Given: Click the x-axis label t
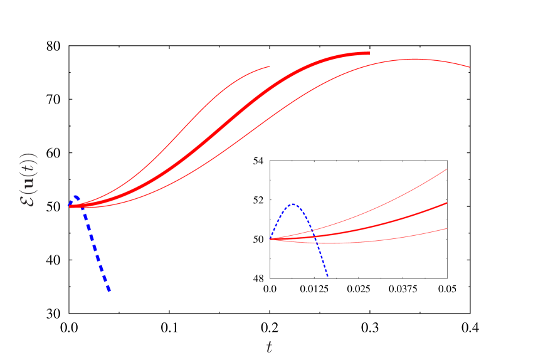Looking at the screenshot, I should coord(269,347).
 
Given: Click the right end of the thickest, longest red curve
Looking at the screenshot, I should coord(369,53).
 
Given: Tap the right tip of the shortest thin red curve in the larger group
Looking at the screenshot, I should coord(270,66).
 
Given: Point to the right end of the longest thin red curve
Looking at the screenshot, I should coord(470,67).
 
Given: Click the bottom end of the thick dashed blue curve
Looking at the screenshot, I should coord(110,290).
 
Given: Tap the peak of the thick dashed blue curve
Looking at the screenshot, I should coord(75,196).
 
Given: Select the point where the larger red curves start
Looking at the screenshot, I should coord(70,206).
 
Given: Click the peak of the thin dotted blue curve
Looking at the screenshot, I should coord(293,204).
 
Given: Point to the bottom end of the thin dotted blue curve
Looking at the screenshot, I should coord(327,276).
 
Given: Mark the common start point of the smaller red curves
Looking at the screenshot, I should coord(270,239).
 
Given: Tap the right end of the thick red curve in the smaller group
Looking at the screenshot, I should coord(447,203).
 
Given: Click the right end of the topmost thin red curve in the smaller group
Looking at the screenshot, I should coord(447,169).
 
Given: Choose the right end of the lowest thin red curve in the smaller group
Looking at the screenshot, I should coord(447,228).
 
